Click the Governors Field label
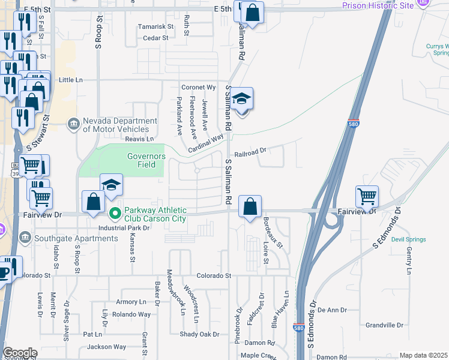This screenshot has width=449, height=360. tap(146, 160)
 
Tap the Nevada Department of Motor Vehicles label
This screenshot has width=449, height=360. tap(115, 124)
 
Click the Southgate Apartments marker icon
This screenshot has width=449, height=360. tap(25, 238)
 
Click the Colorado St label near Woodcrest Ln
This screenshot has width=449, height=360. tap(214, 275)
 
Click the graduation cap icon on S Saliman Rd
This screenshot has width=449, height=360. tap(242, 99)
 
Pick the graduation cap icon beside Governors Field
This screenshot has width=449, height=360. tap(111, 185)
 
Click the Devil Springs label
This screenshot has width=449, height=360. tap(408, 239)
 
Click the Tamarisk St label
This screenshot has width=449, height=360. tap(155, 27)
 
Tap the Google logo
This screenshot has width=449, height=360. tap(20, 353)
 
